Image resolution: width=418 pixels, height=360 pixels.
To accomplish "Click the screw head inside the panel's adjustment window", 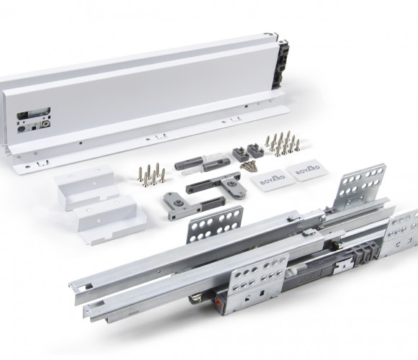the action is coord(47,124).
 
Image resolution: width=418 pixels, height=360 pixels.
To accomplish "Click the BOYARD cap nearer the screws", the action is coord(308,170).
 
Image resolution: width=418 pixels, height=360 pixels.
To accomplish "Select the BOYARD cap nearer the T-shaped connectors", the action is coord(272,180).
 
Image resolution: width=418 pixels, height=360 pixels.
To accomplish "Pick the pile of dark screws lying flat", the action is coord(249,166).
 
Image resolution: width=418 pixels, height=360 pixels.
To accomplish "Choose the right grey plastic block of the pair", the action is coord(255,150).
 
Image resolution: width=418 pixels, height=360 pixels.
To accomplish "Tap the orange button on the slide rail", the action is coord(219,302).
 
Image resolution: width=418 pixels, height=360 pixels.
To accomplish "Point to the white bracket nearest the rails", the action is coord(110,220).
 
